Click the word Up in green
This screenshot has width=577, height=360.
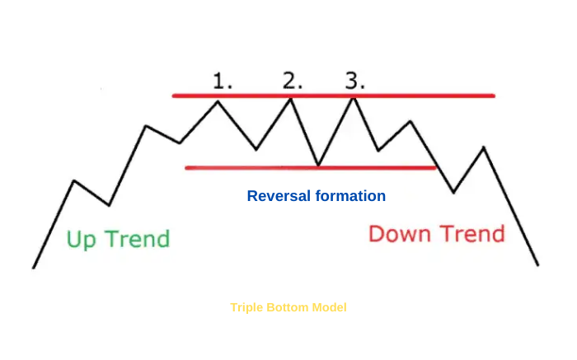pyautogui.click(x=82, y=240)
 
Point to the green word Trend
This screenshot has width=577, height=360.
pyautogui.click(x=138, y=239)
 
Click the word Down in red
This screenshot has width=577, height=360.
pyautogui.click(x=400, y=233)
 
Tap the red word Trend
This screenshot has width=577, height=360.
pyautogui.click(x=472, y=233)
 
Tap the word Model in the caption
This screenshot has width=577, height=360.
pyautogui.click(x=330, y=307)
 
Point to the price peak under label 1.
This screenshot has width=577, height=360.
pyautogui.click(x=218, y=101)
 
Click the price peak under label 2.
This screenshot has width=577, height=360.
pyautogui.click(x=291, y=99)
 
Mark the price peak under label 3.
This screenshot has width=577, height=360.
pyautogui.click(x=354, y=98)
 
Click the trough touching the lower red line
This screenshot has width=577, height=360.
pyautogui.click(x=319, y=166)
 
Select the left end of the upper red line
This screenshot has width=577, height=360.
pyautogui.click(x=174, y=96)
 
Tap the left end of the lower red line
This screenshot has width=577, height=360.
pyautogui.click(x=186, y=168)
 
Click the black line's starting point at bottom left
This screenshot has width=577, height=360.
pyautogui.click(x=34, y=268)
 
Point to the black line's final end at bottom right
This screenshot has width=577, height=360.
pyautogui.click(x=538, y=264)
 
